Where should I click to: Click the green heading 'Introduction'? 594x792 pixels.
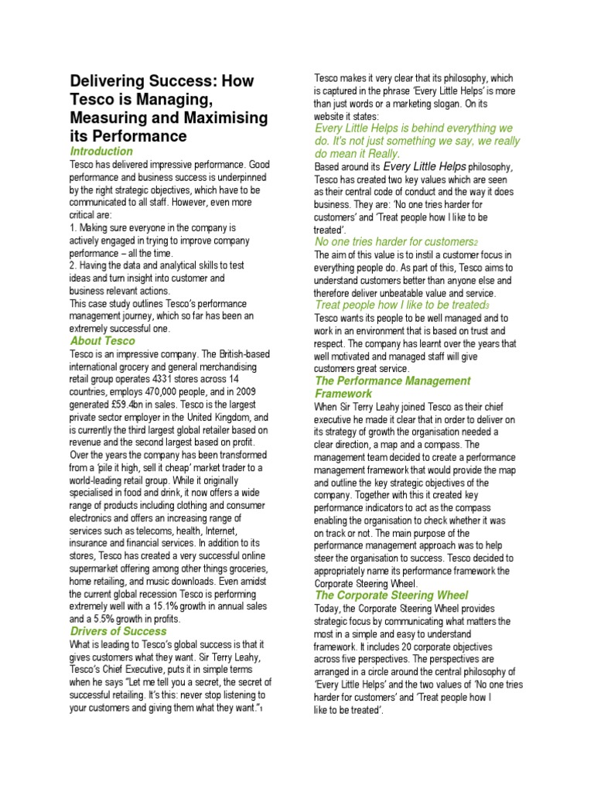101,152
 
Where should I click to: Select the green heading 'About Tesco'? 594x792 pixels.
102,341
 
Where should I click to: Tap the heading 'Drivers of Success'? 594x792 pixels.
118,631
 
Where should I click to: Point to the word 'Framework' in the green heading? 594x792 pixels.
343,394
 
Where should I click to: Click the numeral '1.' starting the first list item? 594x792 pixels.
73,227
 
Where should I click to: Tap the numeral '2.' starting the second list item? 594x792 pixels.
74,265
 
